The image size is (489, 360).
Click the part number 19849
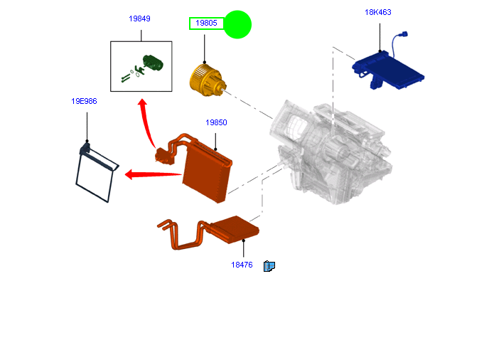(x=139, y=18)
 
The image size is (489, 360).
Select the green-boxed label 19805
(x=206, y=23)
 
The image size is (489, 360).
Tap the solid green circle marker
(x=237, y=25)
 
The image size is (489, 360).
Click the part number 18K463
(x=378, y=12)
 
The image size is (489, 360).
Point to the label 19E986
(x=84, y=101)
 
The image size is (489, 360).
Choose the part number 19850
(x=216, y=122)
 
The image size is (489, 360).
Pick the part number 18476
(x=242, y=265)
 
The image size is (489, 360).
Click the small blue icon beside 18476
(x=269, y=266)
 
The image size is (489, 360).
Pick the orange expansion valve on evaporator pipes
(x=164, y=153)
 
